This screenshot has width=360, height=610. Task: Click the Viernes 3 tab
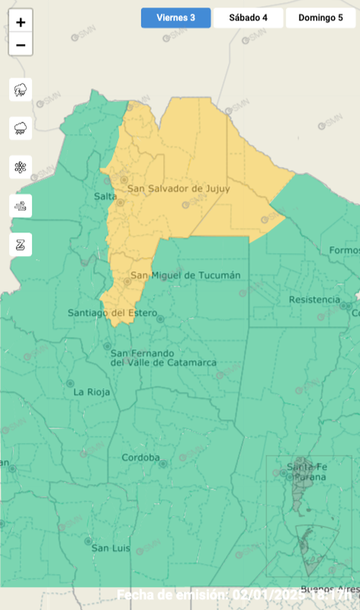pyautogui.click(x=176, y=18)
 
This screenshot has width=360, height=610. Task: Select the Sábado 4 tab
pyautogui.click(x=248, y=18)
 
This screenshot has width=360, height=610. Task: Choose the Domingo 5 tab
pyautogui.click(x=320, y=18)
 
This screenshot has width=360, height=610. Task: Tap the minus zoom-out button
pyautogui.click(x=21, y=45)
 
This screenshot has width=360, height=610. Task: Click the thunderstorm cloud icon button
pyautogui.click(x=21, y=90)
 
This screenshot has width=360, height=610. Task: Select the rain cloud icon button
pyautogui.click(x=21, y=128)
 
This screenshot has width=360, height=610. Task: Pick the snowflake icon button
pyautogui.click(x=21, y=167)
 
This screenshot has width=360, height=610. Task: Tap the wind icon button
pyautogui.click(x=21, y=206)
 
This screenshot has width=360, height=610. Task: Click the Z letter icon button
pyautogui.click(x=21, y=245)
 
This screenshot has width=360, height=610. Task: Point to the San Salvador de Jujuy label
pyautogui.click(x=179, y=189)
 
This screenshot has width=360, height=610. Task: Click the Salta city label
pyautogui.click(x=105, y=196)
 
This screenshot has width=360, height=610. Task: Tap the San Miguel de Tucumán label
pyautogui.click(x=185, y=276)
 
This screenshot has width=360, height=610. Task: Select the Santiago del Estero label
pyautogui.click(x=112, y=313)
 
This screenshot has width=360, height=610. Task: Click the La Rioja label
pyautogui.click(x=91, y=392)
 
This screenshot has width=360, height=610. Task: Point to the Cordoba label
pyautogui.click(x=140, y=458)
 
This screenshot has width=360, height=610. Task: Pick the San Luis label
pyautogui.click(x=110, y=549)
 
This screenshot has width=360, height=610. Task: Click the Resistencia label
pyautogui.click(x=314, y=300)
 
